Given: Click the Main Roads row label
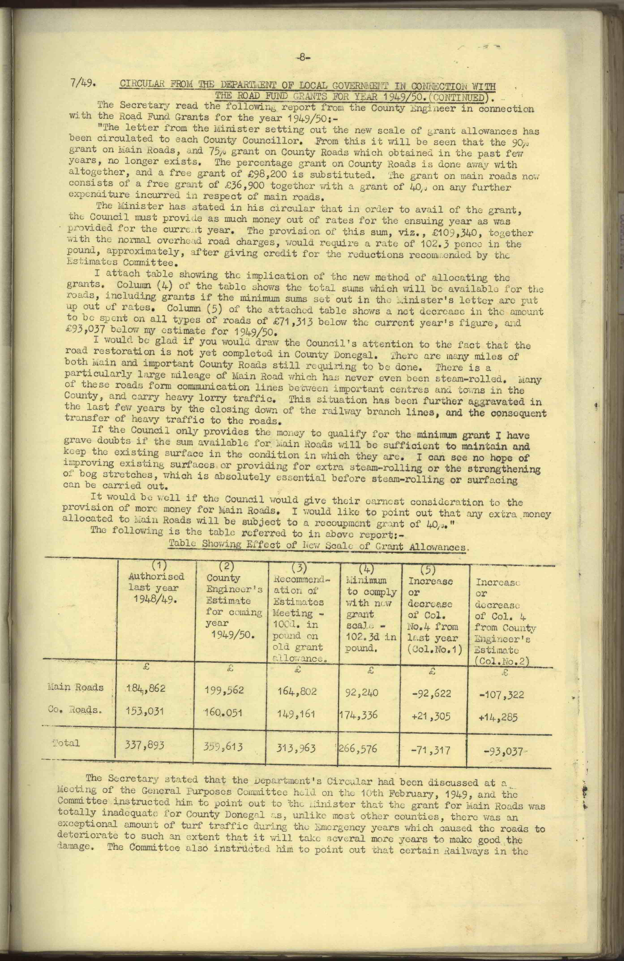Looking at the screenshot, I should (x=75, y=687).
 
